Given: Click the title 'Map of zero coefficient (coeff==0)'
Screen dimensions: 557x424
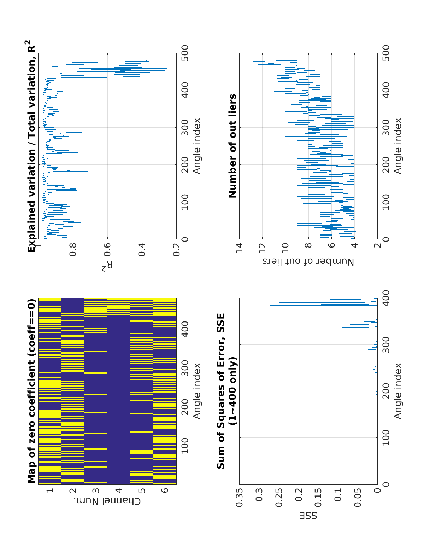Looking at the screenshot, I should click(x=32, y=391).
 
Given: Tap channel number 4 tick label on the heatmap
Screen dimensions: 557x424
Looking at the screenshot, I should click(x=119, y=491).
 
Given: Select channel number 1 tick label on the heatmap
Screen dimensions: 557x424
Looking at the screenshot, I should click(x=50, y=491).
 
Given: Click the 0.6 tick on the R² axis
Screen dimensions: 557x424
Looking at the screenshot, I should click(x=107, y=244).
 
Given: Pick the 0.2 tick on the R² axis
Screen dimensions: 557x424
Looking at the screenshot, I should click(x=176, y=244).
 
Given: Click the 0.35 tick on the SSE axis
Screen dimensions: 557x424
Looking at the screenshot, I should click(x=239, y=498).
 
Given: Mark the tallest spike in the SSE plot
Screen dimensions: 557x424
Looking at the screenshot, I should click(x=253, y=305).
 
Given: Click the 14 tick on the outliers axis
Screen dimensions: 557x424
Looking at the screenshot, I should click(x=239, y=244).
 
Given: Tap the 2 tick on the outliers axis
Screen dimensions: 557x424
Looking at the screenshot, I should click(x=378, y=244).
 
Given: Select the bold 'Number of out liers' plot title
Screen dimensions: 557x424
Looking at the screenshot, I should click(x=232, y=146).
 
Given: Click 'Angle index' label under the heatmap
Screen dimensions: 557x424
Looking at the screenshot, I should click(x=197, y=391).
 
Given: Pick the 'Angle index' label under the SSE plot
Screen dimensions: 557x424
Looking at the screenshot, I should click(x=398, y=391).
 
